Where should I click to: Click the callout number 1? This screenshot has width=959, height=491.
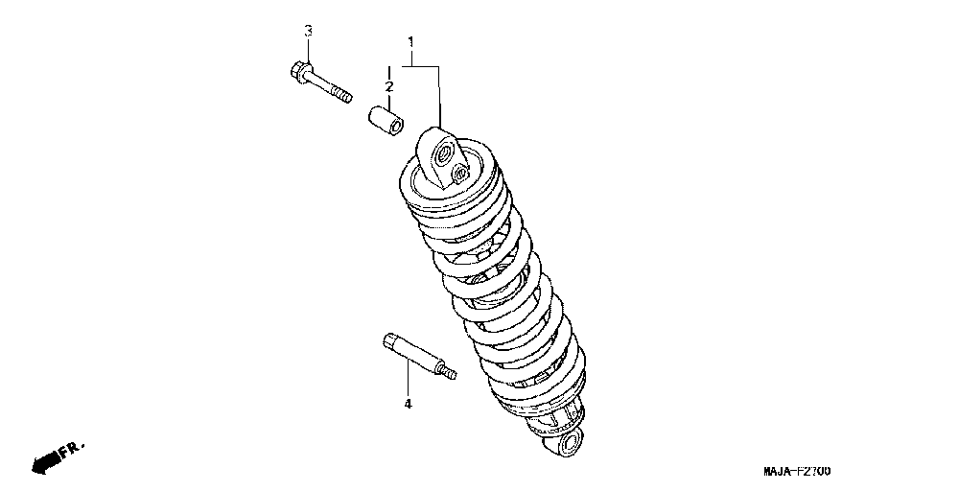[410, 42]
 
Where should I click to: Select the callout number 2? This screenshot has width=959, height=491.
[389, 87]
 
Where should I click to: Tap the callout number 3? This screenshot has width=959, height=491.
[308, 31]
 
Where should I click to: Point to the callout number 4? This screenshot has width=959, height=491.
[407, 405]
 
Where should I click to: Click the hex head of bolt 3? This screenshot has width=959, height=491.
[295, 70]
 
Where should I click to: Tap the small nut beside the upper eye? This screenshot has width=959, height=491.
[458, 175]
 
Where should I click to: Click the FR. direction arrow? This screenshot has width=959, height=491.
[44, 461]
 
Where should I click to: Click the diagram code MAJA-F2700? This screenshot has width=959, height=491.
[797, 472]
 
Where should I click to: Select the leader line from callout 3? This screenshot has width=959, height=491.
[308, 50]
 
